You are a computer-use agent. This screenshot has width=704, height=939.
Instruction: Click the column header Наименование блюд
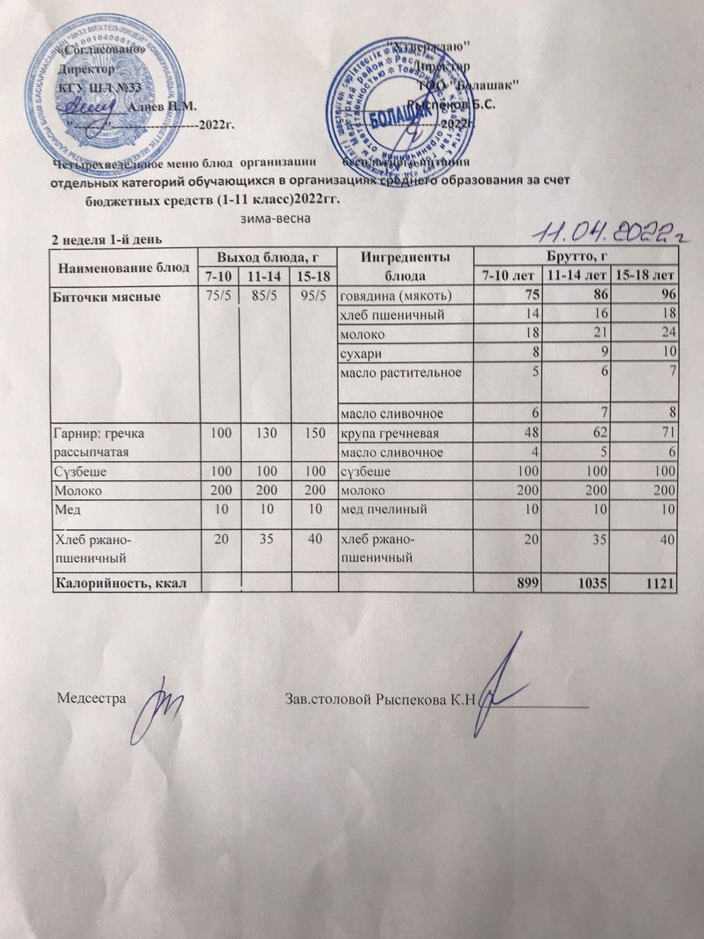(124, 268)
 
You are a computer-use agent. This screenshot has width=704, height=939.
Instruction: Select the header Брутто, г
(575, 256)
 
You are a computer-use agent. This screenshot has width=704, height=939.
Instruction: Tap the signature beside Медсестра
(161, 704)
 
